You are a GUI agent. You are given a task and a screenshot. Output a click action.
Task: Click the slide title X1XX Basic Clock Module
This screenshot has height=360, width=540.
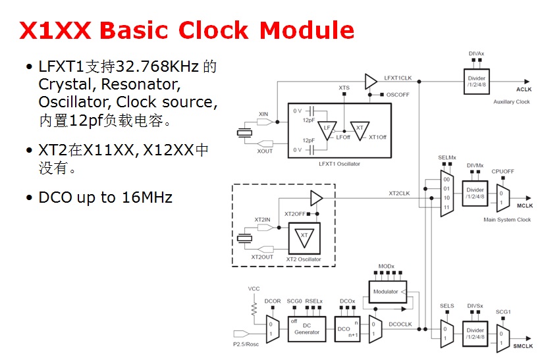(187, 31)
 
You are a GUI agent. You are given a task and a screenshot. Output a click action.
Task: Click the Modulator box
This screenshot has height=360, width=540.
(387, 291)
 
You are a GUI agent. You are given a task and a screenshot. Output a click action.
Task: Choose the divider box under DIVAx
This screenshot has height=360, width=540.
(476, 80)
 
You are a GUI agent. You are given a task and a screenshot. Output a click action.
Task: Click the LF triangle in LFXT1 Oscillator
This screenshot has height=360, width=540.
(327, 128)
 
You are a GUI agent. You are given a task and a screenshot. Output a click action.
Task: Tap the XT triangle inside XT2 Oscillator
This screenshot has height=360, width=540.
(304, 236)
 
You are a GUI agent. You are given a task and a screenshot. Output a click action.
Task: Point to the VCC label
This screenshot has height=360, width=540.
(254, 289)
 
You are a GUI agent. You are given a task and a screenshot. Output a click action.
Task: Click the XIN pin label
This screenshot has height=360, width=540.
(263, 114)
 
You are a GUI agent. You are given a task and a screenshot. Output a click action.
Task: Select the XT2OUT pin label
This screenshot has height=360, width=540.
(262, 257)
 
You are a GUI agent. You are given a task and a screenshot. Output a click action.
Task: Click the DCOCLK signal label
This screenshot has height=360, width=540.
(400, 324)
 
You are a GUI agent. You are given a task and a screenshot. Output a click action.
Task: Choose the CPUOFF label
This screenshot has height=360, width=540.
(502, 171)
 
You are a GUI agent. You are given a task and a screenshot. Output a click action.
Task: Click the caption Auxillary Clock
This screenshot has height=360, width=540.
(511, 101)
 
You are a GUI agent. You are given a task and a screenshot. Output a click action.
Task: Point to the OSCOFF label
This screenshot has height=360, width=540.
(398, 94)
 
